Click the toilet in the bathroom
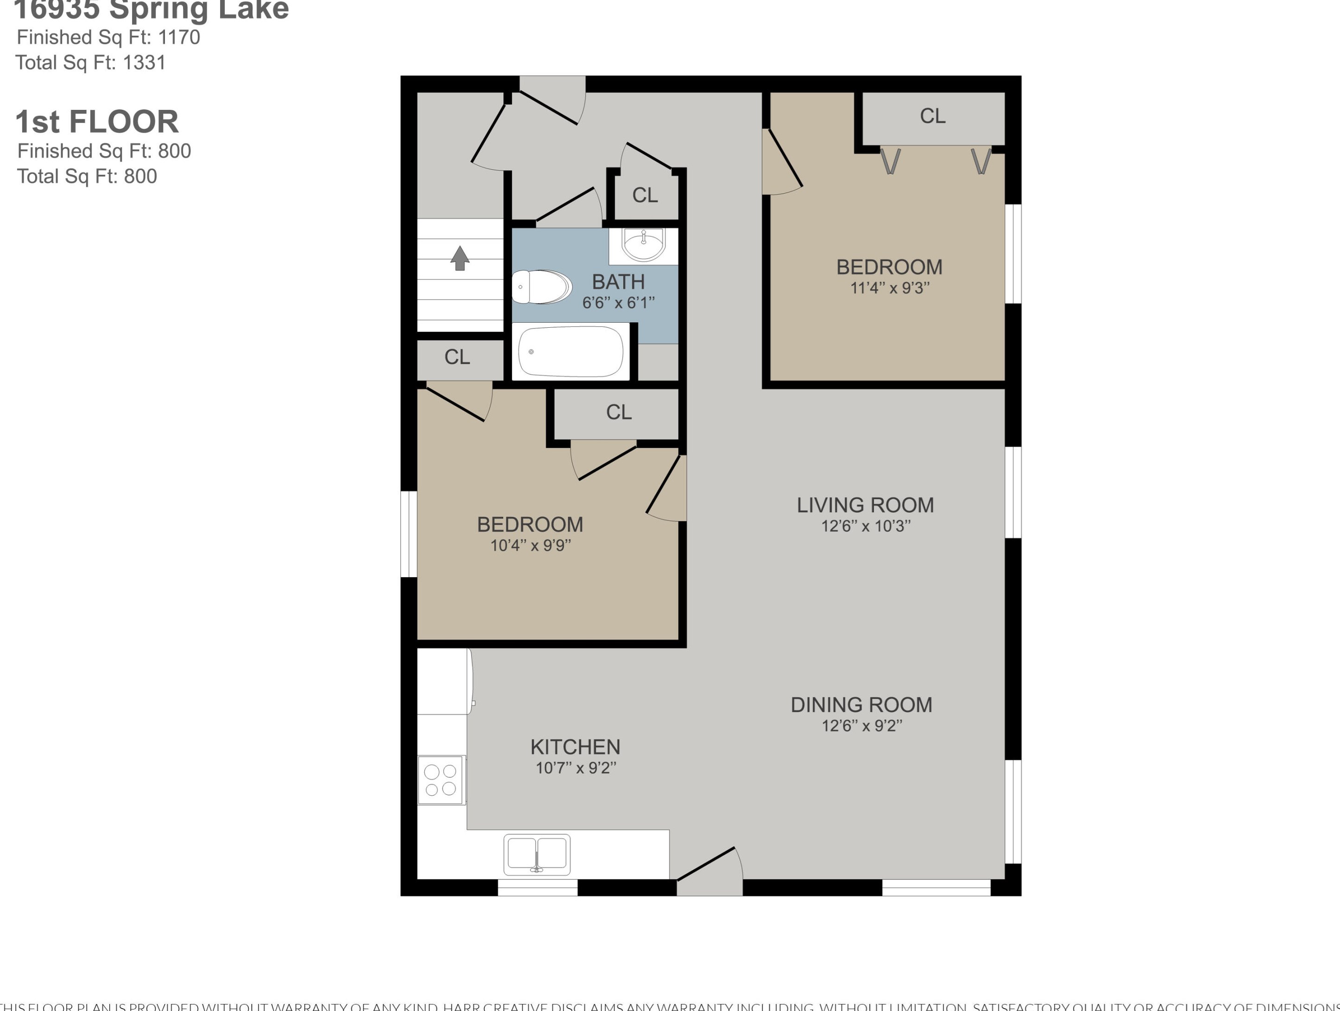pyautogui.click(x=541, y=286)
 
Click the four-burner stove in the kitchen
pyautogui.click(x=441, y=781)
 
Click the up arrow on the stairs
pyautogui.click(x=460, y=258)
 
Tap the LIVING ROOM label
pyautogui.click(x=865, y=505)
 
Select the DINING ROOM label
pyautogui.click(x=861, y=705)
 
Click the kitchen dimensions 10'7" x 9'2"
pyautogui.click(x=575, y=768)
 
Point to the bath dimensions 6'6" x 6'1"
pyautogui.click(x=618, y=302)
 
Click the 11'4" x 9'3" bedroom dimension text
pyautogui.click(x=889, y=288)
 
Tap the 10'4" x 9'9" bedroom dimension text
pyautogui.click(x=530, y=546)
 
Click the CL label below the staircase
pyautogui.click(x=457, y=357)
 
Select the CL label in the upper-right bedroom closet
pyautogui.click(x=932, y=116)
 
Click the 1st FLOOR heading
pyautogui.click(x=97, y=122)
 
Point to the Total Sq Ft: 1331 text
pyautogui.click(x=90, y=63)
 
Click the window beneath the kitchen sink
pyautogui.click(x=537, y=887)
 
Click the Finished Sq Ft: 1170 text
pyautogui.click(x=108, y=38)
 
